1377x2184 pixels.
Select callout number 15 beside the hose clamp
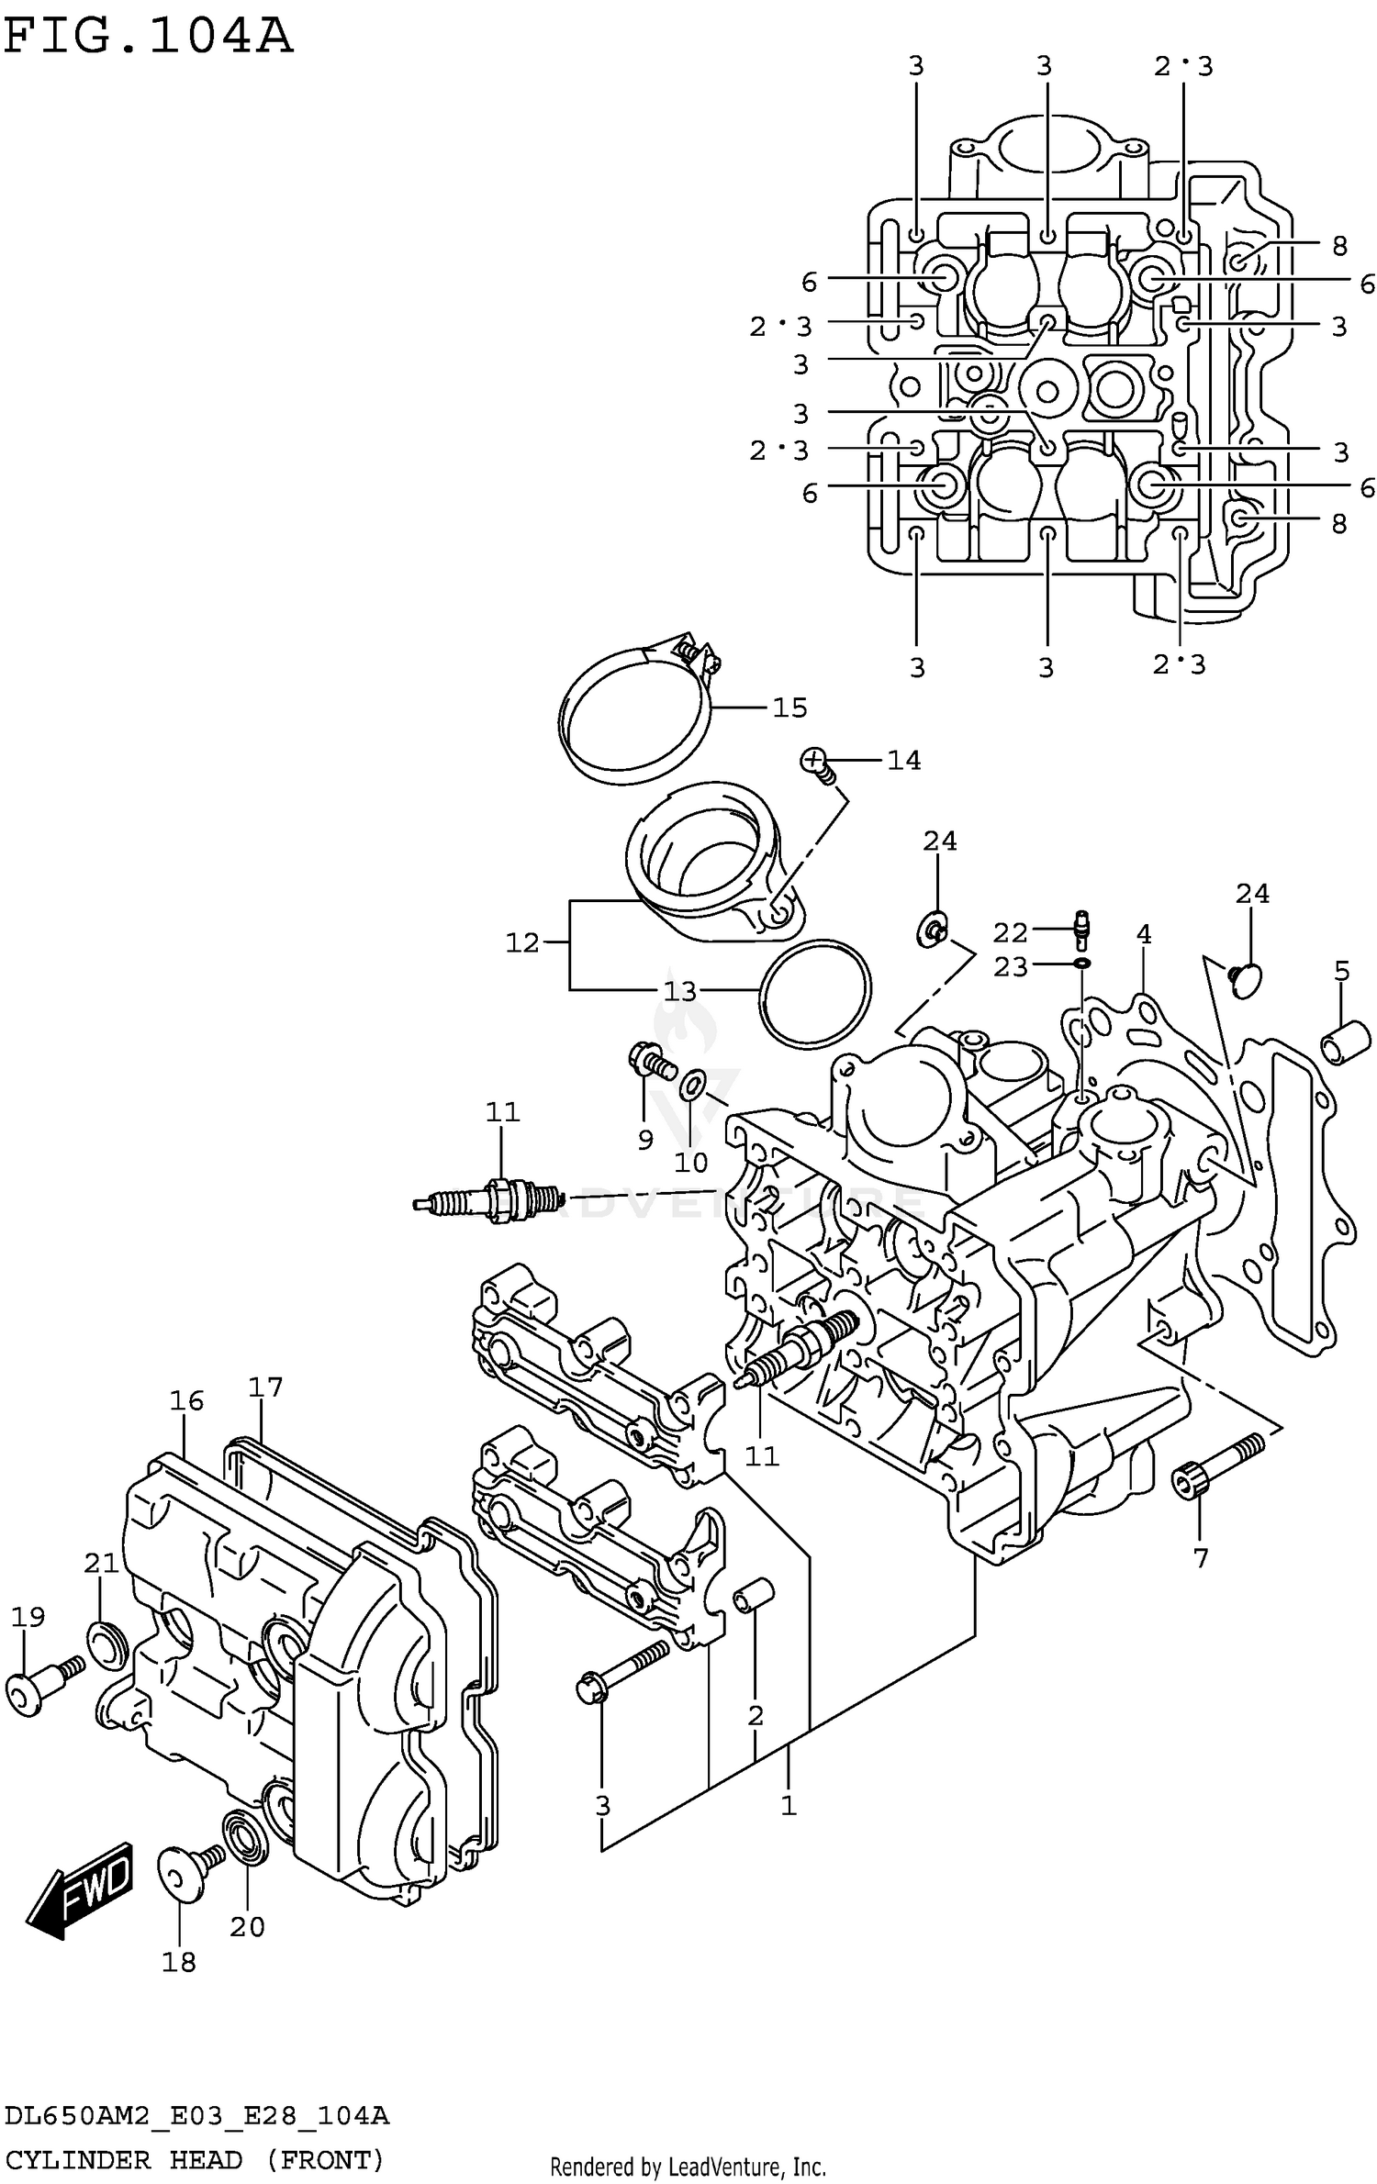[789, 708]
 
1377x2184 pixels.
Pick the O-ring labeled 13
[815, 992]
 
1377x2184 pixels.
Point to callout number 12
[522, 942]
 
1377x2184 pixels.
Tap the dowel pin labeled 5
[1345, 1044]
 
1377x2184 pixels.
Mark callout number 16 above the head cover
[186, 1400]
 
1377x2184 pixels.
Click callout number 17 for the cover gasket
[265, 1387]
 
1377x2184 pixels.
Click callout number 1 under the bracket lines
[788, 1806]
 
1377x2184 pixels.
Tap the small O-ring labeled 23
[1082, 964]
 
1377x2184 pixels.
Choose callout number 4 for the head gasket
[1143, 934]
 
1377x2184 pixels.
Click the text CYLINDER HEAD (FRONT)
[195, 2159]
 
